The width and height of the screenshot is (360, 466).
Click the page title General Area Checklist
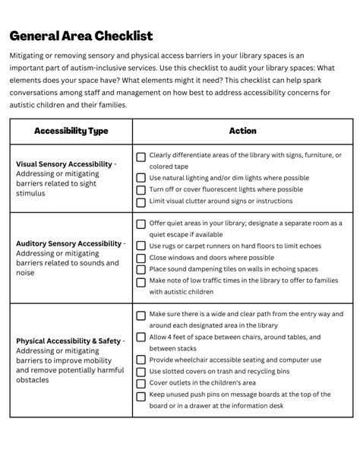[x=81, y=36]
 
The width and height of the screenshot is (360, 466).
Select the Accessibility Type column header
[x=71, y=131]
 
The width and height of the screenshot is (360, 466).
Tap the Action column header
[x=242, y=131]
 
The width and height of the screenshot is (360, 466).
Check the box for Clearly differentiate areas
[x=141, y=157]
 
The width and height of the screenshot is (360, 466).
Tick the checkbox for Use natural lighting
[x=141, y=179]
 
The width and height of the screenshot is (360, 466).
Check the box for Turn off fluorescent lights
[x=141, y=190]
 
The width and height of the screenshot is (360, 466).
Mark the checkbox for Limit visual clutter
[x=141, y=202]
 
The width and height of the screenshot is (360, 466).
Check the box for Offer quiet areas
[x=141, y=224]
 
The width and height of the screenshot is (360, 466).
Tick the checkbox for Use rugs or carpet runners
[x=141, y=246]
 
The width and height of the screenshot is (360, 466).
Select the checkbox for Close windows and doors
[x=141, y=258]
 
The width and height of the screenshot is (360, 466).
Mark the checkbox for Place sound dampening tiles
[x=141, y=270]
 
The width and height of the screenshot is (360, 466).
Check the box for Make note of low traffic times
[x=141, y=282]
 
